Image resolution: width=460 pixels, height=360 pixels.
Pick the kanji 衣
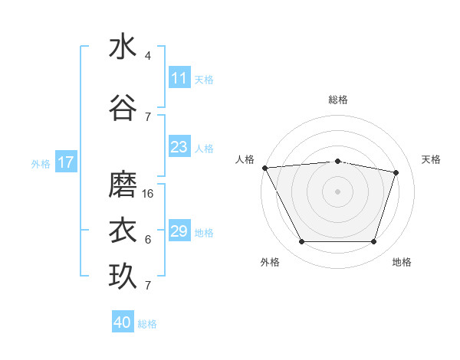coord(123,231)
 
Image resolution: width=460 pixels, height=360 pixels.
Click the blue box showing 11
coord(179,78)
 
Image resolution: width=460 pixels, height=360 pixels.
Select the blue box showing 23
coord(179,147)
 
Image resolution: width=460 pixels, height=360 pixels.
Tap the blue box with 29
coord(179,231)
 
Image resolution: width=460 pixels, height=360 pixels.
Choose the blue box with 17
coord(65,162)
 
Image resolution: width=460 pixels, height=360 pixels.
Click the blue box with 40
coord(123,322)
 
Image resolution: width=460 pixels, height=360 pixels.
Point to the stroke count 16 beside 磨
coord(149,194)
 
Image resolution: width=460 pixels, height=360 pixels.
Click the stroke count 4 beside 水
coord(148,56)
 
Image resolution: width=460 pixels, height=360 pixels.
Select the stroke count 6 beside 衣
coord(148,240)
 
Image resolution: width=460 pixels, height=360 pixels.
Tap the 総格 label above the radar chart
coord(338,100)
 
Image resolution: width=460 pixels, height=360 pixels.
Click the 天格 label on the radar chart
coord(432,159)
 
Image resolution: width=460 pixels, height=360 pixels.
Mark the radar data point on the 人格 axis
coord(264,168)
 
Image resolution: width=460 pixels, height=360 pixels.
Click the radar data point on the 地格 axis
coord(374,242)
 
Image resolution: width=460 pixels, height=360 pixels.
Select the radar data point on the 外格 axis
coord(301,242)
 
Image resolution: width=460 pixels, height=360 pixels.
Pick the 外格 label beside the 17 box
coord(41,163)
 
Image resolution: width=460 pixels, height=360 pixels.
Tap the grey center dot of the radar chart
coord(338,191)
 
